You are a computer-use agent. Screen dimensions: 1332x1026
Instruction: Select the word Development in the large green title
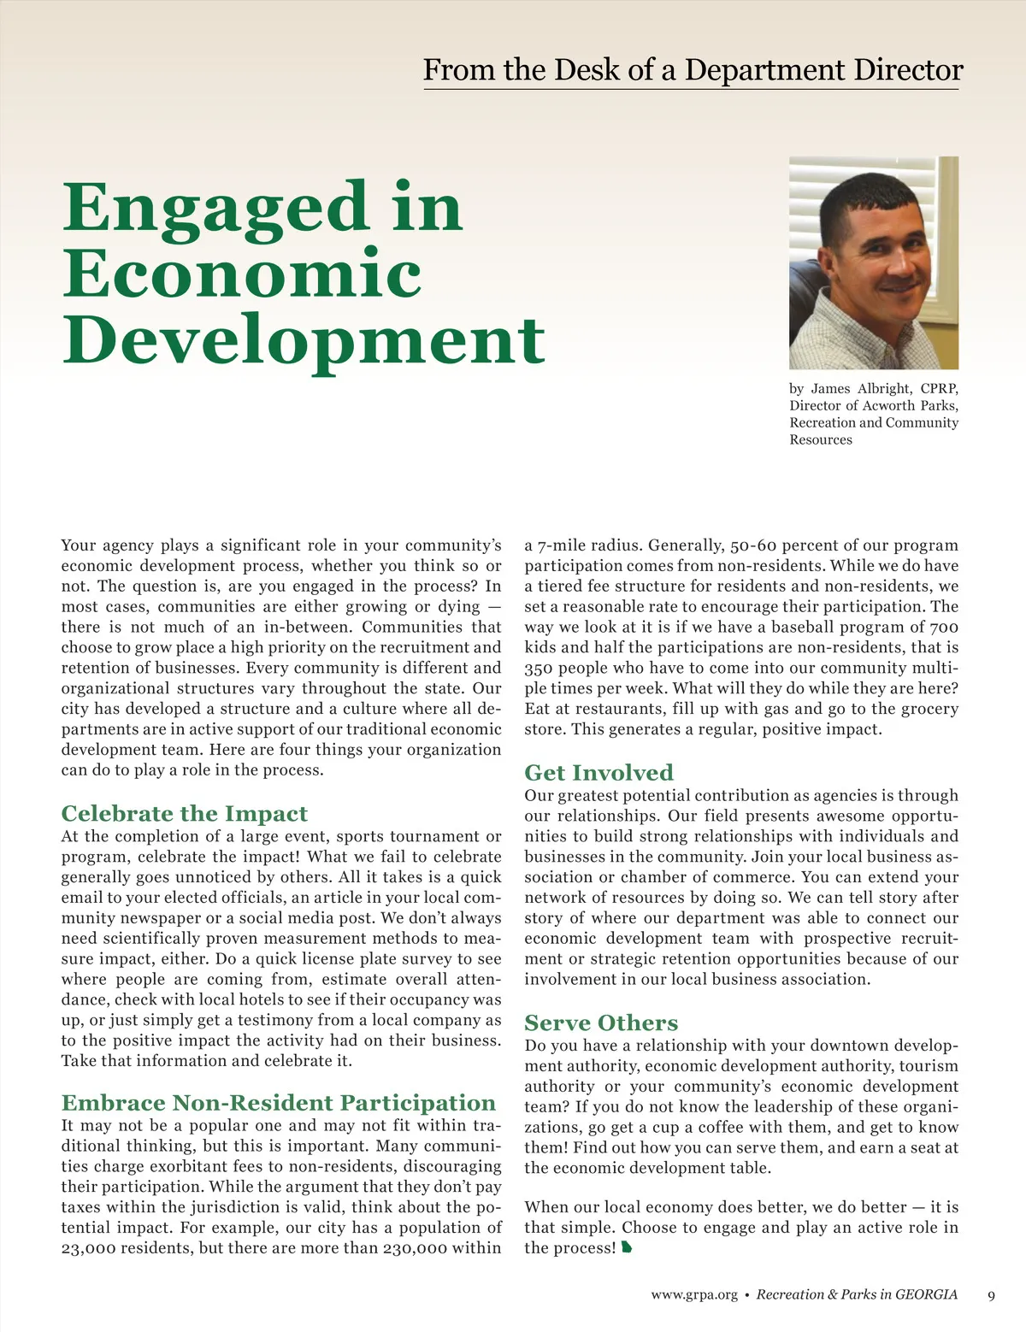point(304,340)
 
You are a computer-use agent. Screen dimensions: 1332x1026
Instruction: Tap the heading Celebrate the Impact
point(184,813)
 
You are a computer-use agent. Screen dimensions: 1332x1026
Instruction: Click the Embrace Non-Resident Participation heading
point(278,1102)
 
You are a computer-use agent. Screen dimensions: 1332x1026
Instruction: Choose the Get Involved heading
point(598,772)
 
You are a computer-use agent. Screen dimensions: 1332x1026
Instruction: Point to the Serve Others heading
point(601,1023)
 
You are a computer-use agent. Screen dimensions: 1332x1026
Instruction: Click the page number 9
point(991,1295)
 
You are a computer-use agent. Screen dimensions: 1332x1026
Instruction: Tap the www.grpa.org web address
point(693,1295)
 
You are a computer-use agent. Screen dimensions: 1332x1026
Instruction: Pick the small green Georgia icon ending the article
point(627,1248)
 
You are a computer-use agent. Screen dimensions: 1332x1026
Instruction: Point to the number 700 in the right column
point(943,627)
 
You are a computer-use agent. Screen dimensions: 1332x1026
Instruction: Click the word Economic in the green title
point(242,274)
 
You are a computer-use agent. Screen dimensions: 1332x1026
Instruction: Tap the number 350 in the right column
point(540,668)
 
